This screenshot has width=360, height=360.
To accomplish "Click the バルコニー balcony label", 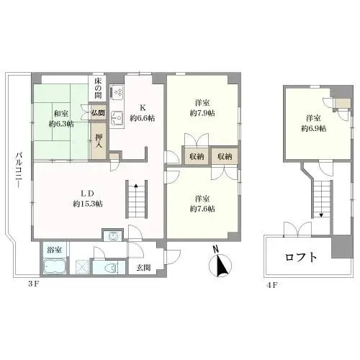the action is [x=19, y=171].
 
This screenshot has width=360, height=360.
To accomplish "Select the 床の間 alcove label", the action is [x=98, y=88].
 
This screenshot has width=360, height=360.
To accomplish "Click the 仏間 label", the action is [x=98, y=113].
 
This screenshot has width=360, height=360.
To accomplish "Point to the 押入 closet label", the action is [x=99, y=141].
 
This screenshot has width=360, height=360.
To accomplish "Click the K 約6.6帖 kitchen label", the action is [x=143, y=113].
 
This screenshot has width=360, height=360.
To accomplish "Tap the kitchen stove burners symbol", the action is [x=117, y=93].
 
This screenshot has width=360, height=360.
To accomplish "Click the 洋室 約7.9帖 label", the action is [x=202, y=108].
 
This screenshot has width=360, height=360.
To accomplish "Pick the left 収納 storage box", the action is [x=197, y=156].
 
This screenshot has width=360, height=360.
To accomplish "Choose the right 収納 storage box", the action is [x=225, y=156].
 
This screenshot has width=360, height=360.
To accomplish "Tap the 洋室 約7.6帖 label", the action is [x=202, y=204].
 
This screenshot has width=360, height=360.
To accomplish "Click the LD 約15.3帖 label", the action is [x=88, y=199].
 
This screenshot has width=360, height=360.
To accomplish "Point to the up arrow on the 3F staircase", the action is [x=136, y=185].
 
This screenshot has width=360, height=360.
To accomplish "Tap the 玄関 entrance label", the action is [x=144, y=267].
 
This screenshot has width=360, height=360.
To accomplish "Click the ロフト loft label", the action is [x=301, y=257].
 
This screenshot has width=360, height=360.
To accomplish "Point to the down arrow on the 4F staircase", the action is [x=322, y=215].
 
